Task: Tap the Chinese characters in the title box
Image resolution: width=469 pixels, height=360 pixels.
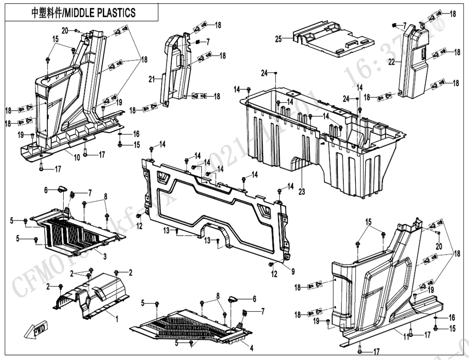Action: [x=41, y=13]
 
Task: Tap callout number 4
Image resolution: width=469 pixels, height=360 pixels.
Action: [x=252, y=347]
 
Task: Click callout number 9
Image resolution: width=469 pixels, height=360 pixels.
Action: [x=293, y=271]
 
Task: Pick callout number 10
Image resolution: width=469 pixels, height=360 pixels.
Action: [x=77, y=157]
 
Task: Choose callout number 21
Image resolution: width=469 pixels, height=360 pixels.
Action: [x=151, y=80]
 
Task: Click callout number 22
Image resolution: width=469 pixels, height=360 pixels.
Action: [x=392, y=61]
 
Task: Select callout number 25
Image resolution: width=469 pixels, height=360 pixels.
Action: [x=279, y=39]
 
